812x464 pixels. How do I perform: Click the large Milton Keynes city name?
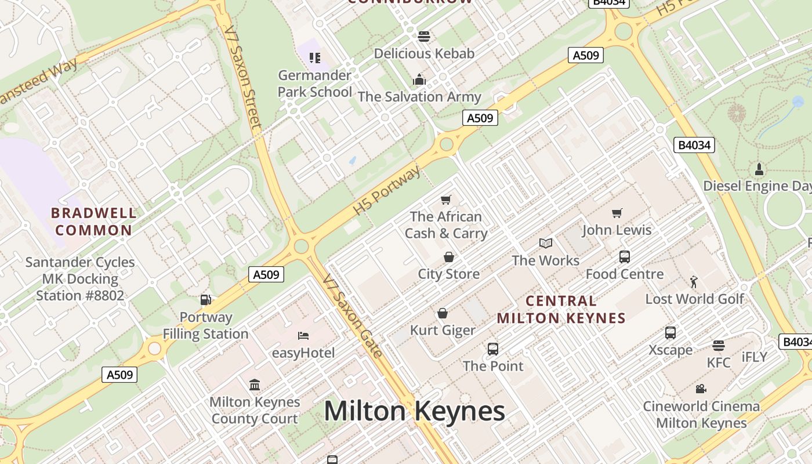point(414,411)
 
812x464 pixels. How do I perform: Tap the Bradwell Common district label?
point(94,222)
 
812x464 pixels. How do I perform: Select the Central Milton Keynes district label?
point(561,309)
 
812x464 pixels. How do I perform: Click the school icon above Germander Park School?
point(315,57)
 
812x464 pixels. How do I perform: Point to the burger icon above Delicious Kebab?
point(424,37)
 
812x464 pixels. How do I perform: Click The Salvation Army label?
point(419,97)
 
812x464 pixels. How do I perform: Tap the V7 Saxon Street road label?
point(244,75)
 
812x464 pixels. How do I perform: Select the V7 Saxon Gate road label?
point(353,316)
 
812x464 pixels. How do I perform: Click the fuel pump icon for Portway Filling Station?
point(205,300)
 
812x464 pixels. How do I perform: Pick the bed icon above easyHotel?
point(303,336)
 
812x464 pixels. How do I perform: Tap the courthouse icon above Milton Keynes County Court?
point(255,385)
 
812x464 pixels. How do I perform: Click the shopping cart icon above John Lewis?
point(617,213)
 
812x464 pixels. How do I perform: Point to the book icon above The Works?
point(545,244)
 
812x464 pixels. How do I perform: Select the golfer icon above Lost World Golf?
point(694,282)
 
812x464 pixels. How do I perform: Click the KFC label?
point(719,362)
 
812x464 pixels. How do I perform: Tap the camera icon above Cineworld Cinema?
point(701,389)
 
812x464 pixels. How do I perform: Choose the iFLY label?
point(754,357)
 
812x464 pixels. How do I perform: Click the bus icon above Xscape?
point(670,333)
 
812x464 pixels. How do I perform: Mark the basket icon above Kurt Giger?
point(443,313)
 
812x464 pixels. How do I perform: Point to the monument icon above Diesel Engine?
point(759,169)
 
